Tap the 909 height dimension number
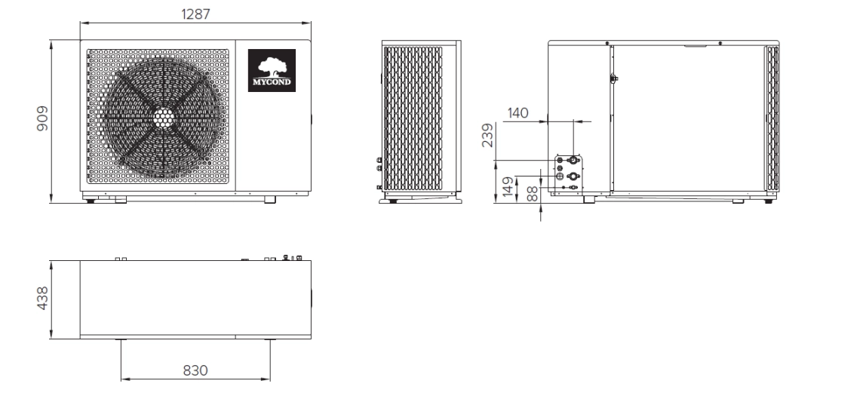tap(43, 120)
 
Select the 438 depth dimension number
tap(43, 298)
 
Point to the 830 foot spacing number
tap(195, 370)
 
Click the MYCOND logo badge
tap(272, 71)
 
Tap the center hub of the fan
tap(164, 118)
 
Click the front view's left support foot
tap(89, 200)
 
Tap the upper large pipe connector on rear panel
tap(573, 161)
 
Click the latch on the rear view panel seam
tap(613, 78)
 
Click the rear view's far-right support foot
tap(768, 201)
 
